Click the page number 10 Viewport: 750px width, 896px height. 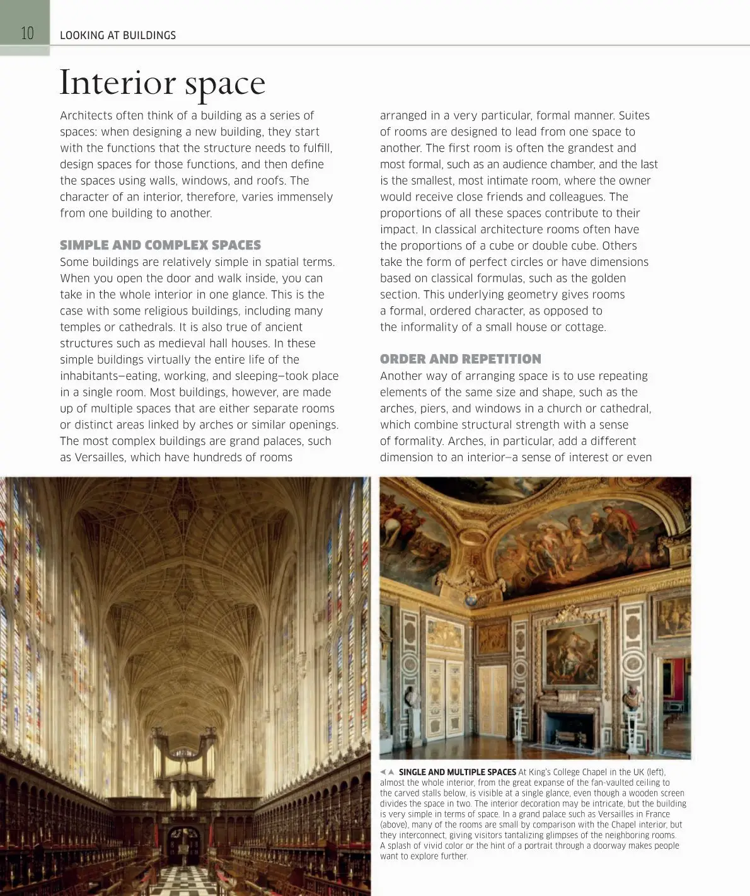(27, 33)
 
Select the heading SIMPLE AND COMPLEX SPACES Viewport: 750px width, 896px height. (160, 245)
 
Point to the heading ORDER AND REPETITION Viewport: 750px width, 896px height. (460, 359)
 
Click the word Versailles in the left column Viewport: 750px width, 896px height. (98, 457)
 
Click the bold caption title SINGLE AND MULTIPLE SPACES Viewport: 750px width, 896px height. (457, 772)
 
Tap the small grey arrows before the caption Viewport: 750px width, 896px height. (387, 772)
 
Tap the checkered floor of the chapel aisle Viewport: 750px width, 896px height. (185, 882)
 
